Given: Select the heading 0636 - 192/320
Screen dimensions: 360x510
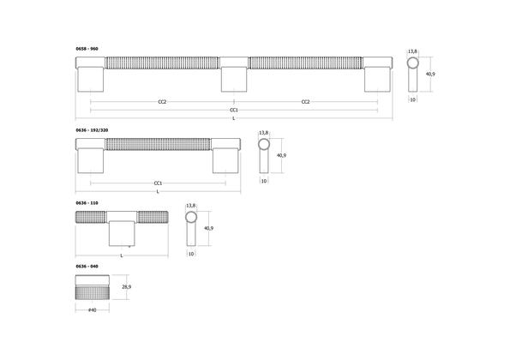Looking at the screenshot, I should (x=92, y=129).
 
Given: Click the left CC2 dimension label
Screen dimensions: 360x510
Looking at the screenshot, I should (x=162, y=102).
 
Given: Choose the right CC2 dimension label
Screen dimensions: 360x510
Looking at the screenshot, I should (x=305, y=102).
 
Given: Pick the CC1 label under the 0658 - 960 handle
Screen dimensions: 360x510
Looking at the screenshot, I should (x=233, y=110).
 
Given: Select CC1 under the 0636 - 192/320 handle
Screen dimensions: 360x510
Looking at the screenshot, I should (x=159, y=183).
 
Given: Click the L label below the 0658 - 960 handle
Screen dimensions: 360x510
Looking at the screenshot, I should (x=233, y=118).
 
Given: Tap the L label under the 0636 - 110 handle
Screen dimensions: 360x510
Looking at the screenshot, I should (x=121, y=255).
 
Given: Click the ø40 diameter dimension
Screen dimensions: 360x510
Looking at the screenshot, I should (x=91, y=309).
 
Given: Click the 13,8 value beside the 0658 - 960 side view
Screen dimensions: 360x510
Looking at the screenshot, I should (x=413, y=51).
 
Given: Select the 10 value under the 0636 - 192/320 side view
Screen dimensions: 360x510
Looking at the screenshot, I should (x=264, y=182).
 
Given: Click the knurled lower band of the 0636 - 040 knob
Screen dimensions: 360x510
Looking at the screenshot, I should (x=91, y=294).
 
